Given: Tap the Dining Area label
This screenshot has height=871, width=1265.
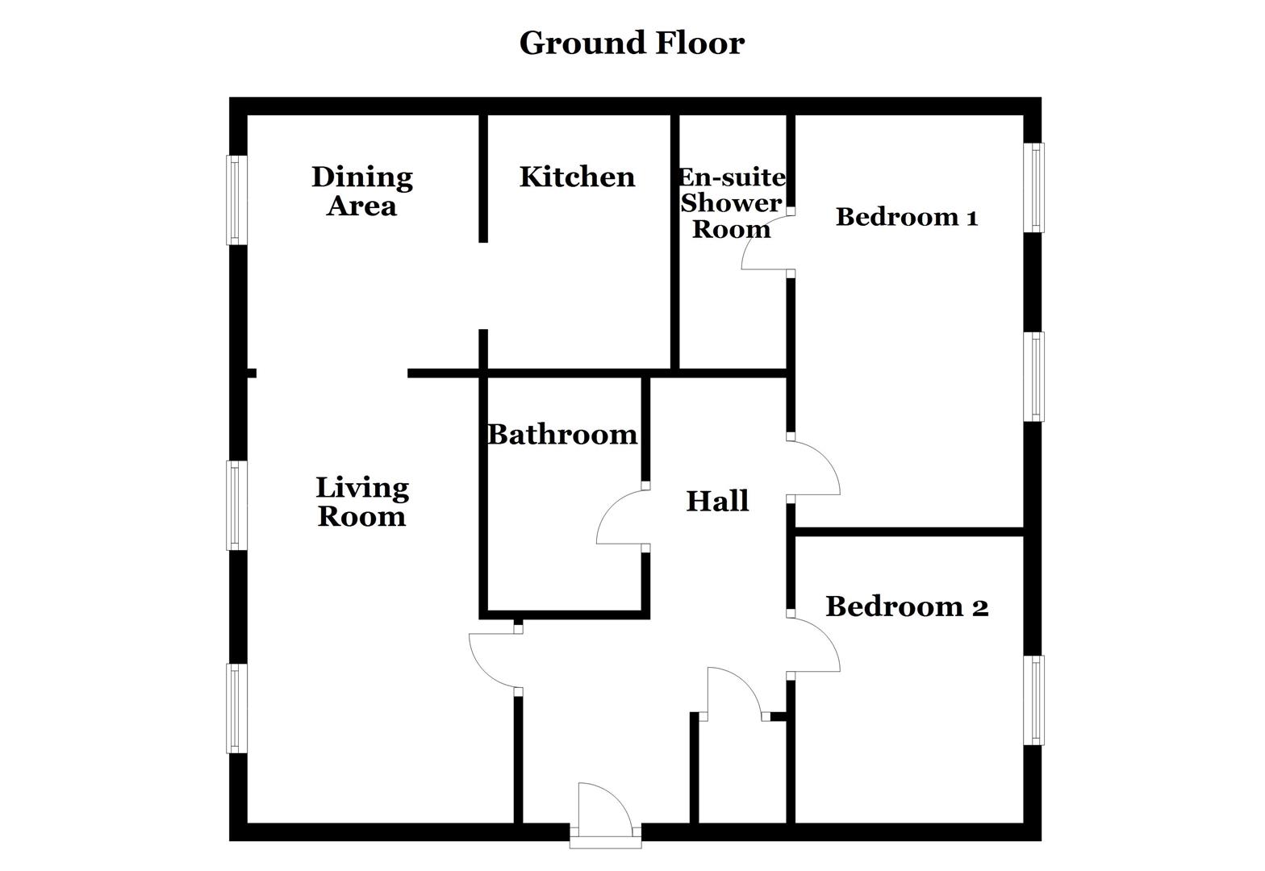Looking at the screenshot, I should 362,191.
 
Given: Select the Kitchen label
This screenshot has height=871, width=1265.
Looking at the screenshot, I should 577,177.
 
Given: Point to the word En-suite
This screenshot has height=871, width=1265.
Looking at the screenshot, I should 732,177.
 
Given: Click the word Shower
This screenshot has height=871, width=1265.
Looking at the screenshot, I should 732,202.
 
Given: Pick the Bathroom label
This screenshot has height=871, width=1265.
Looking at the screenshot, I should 562,435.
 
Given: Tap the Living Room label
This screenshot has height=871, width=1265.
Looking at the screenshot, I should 362,502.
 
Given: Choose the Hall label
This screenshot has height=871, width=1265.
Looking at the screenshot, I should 717,501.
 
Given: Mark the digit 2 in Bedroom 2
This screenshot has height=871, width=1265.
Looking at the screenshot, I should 979,606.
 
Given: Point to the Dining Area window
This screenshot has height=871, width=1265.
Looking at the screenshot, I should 236,200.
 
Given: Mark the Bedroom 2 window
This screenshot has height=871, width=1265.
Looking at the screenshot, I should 1033,700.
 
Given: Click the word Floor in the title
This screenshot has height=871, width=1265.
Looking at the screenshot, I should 699,43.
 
